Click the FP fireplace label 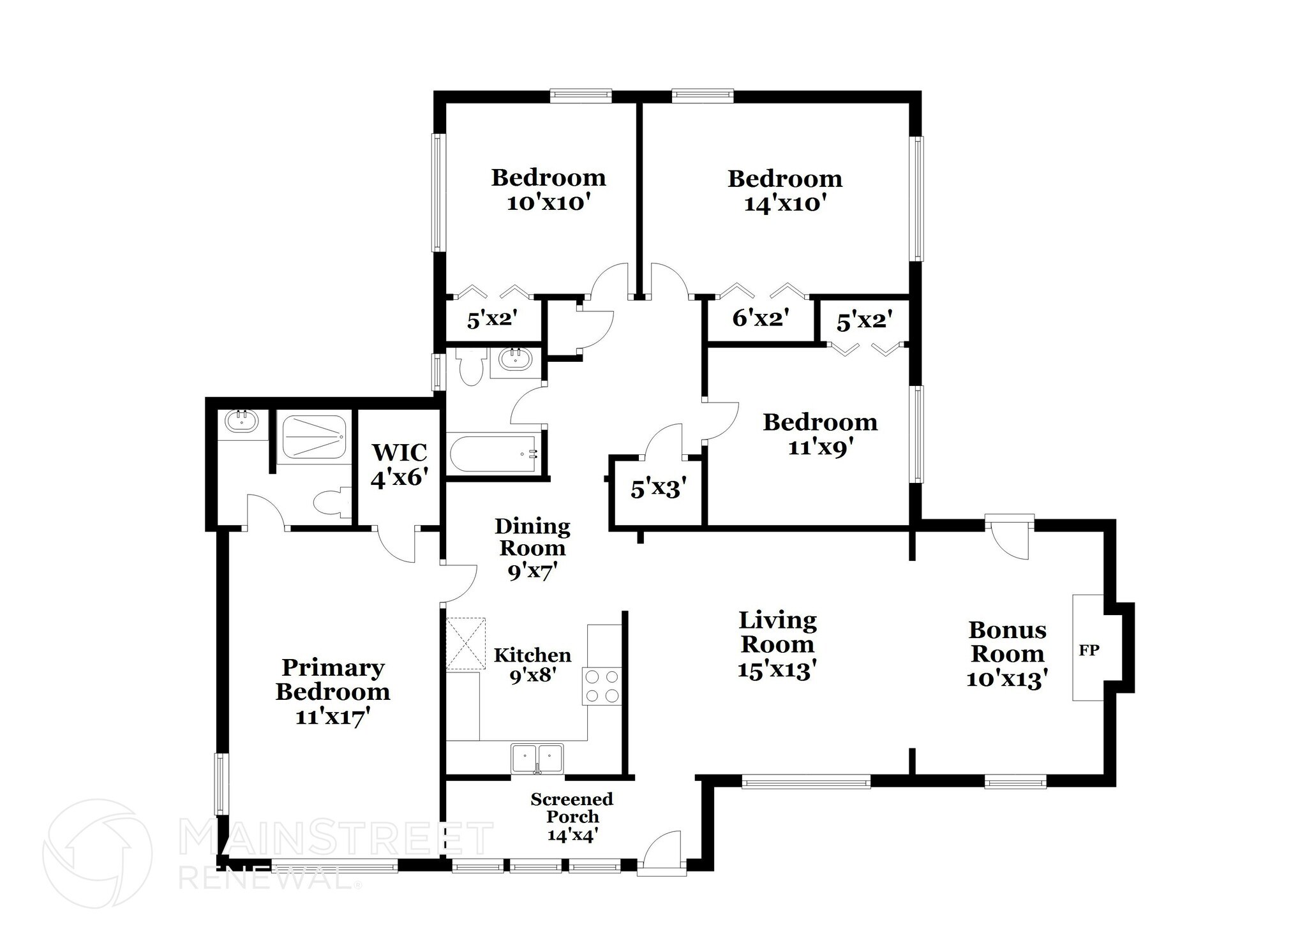[1089, 651]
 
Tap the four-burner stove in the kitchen [601, 686]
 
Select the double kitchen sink [537, 758]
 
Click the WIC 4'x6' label [400, 464]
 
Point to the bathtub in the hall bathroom [495, 454]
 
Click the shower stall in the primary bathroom [314, 437]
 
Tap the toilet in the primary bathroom [332, 502]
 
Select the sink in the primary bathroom [241, 422]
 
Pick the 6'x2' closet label [761, 318]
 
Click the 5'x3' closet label [659, 489]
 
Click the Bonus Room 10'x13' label [1007, 654]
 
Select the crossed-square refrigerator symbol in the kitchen [465, 643]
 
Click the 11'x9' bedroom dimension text [821, 448]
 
